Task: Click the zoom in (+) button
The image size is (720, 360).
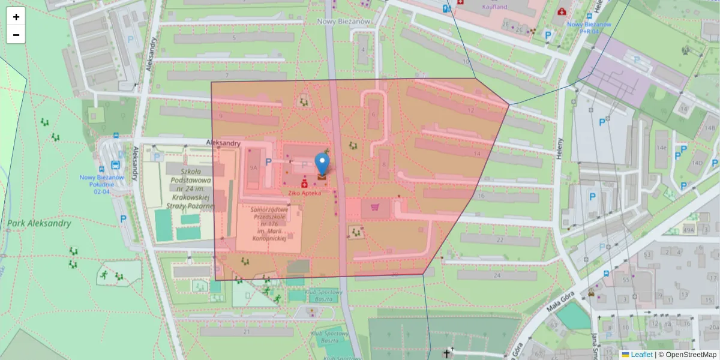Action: coord(16,17)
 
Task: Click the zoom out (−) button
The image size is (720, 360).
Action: coord(16,35)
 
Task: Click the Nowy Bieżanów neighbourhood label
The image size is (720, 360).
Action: coord(344,21)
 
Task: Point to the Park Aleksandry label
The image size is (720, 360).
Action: coord(39,224)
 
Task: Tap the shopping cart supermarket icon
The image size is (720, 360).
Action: coord(376,208)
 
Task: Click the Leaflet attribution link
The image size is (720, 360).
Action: coord(641,355)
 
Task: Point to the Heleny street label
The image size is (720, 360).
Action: coord(560,148)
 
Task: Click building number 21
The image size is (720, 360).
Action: coord(247,332)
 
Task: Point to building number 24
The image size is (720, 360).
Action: coord(496,275)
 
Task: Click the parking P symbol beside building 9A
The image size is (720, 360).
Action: coord(269,162)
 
